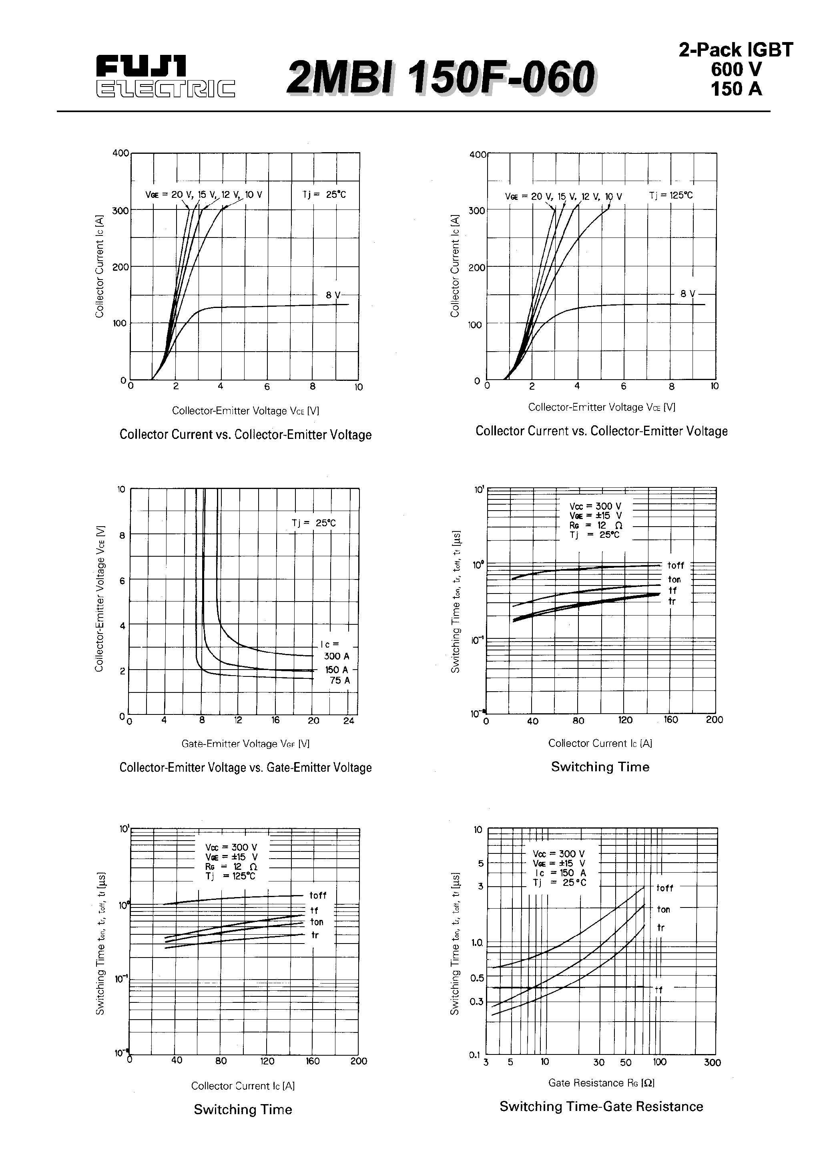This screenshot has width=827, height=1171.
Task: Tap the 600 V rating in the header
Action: [736, 69]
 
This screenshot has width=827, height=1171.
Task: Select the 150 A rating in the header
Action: [736, 89]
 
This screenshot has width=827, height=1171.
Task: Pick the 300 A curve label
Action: [337, 656]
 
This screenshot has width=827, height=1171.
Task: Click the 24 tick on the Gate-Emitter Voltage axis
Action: [349, 720]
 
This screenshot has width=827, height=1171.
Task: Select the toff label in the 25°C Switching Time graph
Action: [676, 565]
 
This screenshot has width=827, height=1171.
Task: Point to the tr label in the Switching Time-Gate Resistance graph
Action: [661, 928]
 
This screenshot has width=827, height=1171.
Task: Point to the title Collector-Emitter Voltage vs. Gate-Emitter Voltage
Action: [245, 768]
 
